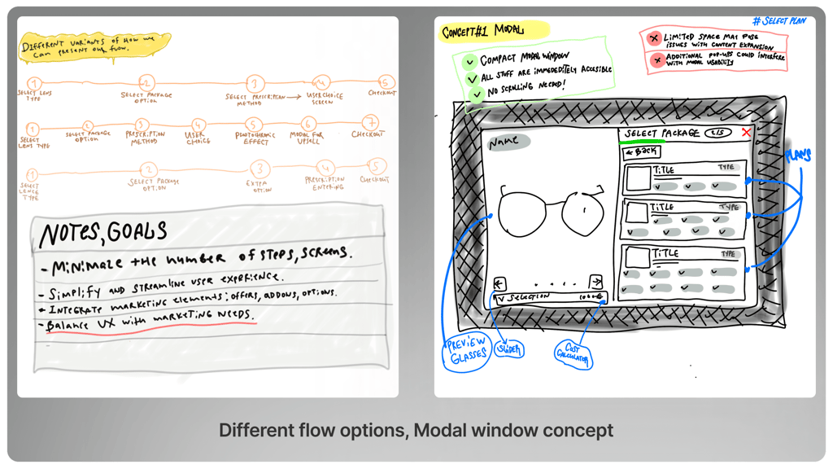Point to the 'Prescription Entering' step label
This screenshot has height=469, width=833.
pyautogui.click(x=325, y=183)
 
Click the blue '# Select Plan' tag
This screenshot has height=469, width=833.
pyautogui.click(x=778, y=20)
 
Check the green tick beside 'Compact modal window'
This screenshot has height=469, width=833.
pyautogui.click(x=469, y=61)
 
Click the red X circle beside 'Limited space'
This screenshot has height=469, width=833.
pyautogui.click(x=652, y=37)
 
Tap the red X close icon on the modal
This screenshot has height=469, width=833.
pyautogui.click(x=746, y=133)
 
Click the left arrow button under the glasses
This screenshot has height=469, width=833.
pyautogui.click(x=499, y=283)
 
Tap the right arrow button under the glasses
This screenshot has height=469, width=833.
pyautogui.click(x=595, y=281)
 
